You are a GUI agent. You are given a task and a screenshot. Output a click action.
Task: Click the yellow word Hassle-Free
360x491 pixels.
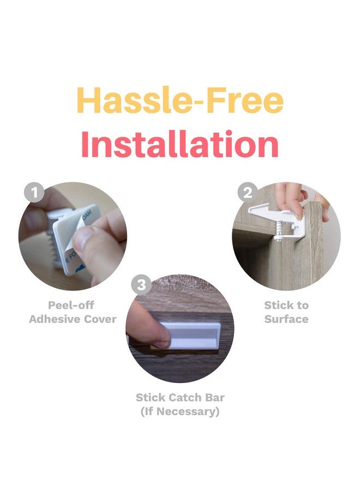tap(180, 100)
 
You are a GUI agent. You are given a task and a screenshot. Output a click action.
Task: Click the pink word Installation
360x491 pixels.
tap(180, 144)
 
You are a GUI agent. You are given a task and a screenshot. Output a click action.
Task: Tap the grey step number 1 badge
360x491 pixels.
tap(34, 192)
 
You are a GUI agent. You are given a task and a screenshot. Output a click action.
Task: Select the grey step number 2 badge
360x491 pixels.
tap(248, 192)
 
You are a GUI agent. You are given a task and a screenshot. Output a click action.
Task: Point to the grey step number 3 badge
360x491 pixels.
tap(141, 285)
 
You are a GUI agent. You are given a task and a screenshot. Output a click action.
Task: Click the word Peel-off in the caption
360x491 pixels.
tap(71, 304)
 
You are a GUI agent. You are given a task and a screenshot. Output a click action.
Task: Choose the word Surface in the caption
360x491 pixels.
tap(286, 319)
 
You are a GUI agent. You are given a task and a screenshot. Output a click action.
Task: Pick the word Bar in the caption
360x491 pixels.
tap(215, 397)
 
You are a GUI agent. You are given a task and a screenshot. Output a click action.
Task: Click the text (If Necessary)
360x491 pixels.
tap(180, 411)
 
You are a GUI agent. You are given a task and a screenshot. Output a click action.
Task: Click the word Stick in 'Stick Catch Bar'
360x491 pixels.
tap(149, 397)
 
